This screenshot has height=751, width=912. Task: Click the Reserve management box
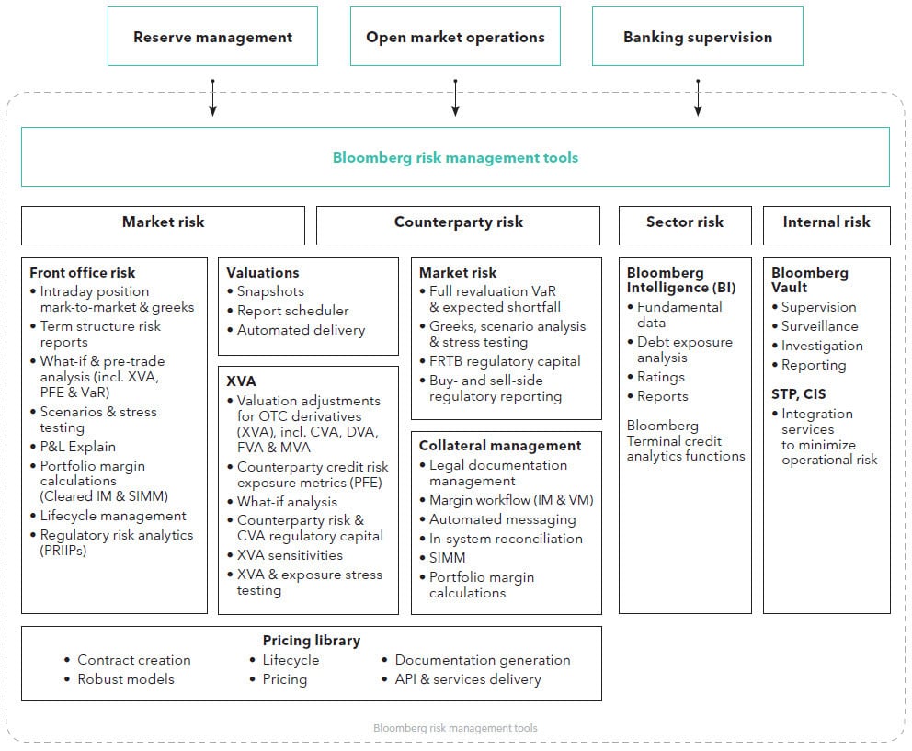click(213, 36)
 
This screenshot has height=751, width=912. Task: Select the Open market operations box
click(455, 36)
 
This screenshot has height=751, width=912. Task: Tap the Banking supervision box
click(698, 36)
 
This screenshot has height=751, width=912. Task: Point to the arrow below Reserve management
click(213, 97)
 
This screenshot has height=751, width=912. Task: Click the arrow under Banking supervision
click(698, 97)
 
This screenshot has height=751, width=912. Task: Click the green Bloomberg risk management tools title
click(455, 158)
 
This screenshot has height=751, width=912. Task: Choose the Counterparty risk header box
click(459, 225)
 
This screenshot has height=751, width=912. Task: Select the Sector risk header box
click(685, 225)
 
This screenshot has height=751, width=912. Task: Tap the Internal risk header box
click(826, 225)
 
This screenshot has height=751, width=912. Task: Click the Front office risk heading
click(82, 273)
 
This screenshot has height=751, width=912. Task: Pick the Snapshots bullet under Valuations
click(266, 291)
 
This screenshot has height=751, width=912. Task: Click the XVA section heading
click(242, 381)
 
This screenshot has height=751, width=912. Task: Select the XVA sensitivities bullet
click(285, 555)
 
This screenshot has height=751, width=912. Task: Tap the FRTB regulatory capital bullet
click(500, 361)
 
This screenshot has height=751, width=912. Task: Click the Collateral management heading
click(500, 446)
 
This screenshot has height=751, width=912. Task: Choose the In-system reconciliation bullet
click(501, 539)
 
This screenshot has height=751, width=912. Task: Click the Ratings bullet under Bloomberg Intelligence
click(656, 377)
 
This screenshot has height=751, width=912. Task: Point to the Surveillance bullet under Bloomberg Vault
click(815, 326)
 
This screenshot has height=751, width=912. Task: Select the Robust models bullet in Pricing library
click(120, 679)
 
